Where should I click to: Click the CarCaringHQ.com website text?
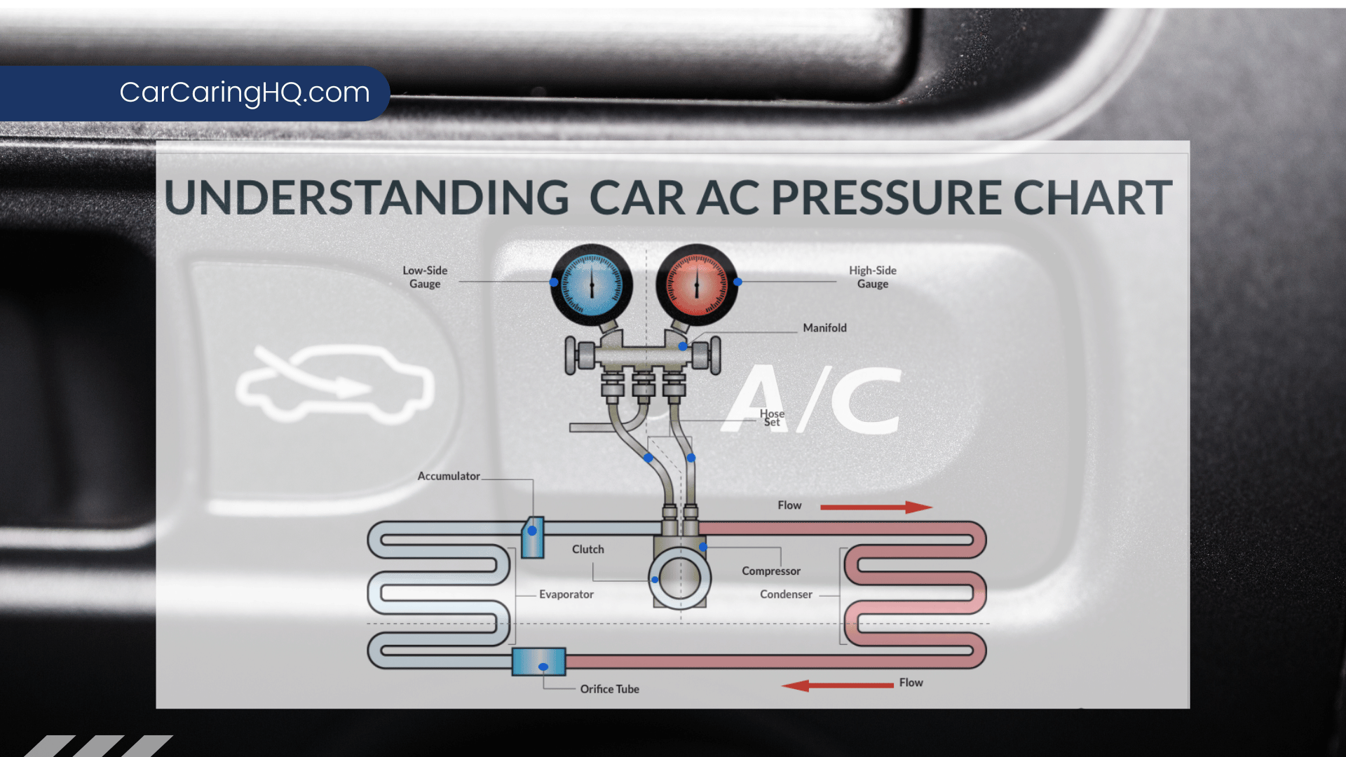[x=244, y=93]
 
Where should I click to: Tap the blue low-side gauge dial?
[x=591, y=284]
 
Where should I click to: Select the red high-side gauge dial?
[x=696, y=284]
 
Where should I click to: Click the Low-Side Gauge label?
[x=425, y=277]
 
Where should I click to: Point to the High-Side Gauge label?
[x=872, y=277]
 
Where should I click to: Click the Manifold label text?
[x=824, y=328]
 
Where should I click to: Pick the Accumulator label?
[x=449, y=476]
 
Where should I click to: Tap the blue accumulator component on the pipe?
[x=533, y=538]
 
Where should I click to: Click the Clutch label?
[x=587, y=550]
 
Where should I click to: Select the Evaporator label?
[x=566, y=594]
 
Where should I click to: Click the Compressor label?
[x=770, y=571]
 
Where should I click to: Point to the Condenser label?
[x=786, y=594]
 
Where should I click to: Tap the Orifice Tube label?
[x=609, y=689]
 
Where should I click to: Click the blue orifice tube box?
[x=538, y=662]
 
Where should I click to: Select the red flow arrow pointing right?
[x=876, y=507]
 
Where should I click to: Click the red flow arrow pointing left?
[x=837, y=685]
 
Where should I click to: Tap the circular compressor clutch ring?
[x=679, y=578]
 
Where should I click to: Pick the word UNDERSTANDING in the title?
[x=366, y=198]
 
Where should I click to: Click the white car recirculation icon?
[x=334, y=383]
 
